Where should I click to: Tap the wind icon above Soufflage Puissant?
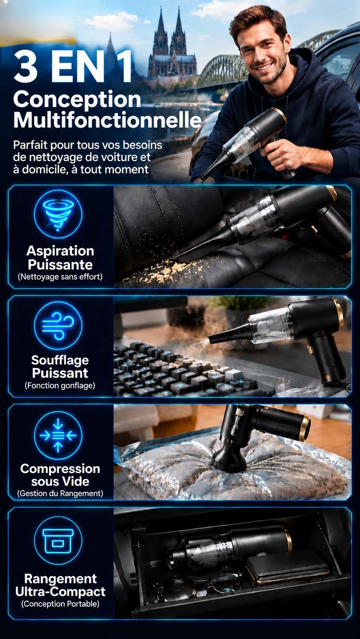[x=58, y=325]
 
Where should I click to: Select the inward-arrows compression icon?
[x=58, y=435]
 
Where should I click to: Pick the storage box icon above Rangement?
[x=58, y=541]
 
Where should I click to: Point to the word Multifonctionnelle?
[x=108, y=120]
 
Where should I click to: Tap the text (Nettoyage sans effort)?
[x=60, y=277]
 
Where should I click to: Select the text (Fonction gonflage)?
[x=60, y=386]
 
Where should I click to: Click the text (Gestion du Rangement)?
[x=60, y=493]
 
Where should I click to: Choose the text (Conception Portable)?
[x=60, y=603]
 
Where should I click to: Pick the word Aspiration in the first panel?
[x=60, y=251]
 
